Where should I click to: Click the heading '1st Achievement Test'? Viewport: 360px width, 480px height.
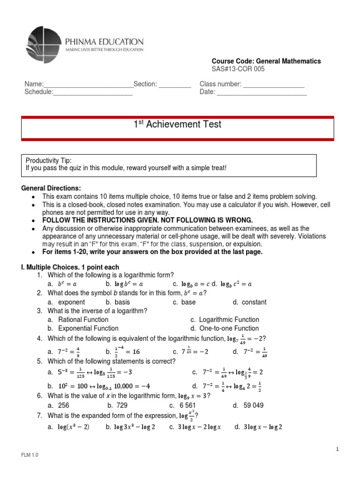click(x=178, y=125)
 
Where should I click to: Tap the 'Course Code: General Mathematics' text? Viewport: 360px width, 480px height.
click(x=266, y=61)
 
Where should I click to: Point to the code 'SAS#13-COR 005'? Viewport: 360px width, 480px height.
click(x=238, y=69)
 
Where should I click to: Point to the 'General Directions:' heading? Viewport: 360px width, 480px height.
click(x=51, y=188)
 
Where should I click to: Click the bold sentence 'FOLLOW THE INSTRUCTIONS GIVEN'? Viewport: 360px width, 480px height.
click(x=147, y=220)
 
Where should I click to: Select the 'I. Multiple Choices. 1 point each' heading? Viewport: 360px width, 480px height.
click(x=73, y=266)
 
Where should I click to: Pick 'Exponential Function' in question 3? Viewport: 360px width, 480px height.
click(x=82, y=329)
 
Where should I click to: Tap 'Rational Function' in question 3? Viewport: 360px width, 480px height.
click(x=78, y=320)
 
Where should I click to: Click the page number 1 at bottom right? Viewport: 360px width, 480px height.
click(x=337, y=450)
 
